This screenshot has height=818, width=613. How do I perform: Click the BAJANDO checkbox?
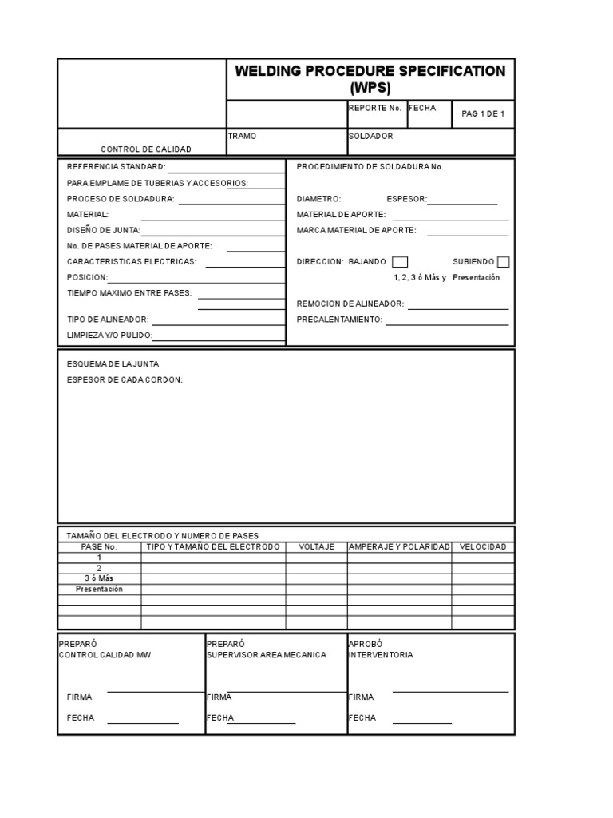pyautogui.click(x=400, y=262)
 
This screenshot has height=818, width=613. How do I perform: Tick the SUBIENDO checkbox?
pyautogui.click(x=503, y=262)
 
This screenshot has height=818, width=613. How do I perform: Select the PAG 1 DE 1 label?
pyautogui.click(x=483, y=114)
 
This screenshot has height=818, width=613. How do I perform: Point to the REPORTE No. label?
pyautogui.click(x=374, y=108)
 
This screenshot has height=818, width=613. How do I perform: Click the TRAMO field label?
pyautogui.click(x=243, y=136)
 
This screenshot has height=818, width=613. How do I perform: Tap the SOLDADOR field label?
pyautogui.click(x=371, y=136)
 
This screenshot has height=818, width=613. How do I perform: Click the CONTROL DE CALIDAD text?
pyautogui.click(x=145, y=149)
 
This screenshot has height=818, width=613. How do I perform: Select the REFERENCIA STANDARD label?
pyautogui.click(x=116, y=167)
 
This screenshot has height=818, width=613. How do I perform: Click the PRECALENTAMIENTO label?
pyautogui.click(x=339, y=320)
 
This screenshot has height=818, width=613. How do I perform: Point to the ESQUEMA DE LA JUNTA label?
pyautogui.click(x=113, y=363)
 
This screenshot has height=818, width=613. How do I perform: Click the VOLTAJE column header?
pyautogui.click(x=316, y=546)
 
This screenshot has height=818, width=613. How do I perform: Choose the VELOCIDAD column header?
pyautogui.click(x=483, y=546)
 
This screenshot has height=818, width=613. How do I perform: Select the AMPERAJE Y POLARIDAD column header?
pyautogui.click(x=399, y=546)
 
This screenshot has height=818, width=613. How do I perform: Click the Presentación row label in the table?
pyautogui.click(x=99, y=589)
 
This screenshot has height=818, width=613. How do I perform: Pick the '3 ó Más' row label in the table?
pyautogui.click(x=99, y=578)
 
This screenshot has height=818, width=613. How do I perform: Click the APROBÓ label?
pyautogui.click(x=366, y=643)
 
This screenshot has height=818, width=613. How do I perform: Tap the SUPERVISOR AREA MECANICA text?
pyautogui.click(x=266, y=654)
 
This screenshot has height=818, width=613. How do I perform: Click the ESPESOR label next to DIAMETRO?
pyautogui.click(x=406, y=199)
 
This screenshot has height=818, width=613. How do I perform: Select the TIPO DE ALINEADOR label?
pyautogui.click(x=108, y=320)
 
